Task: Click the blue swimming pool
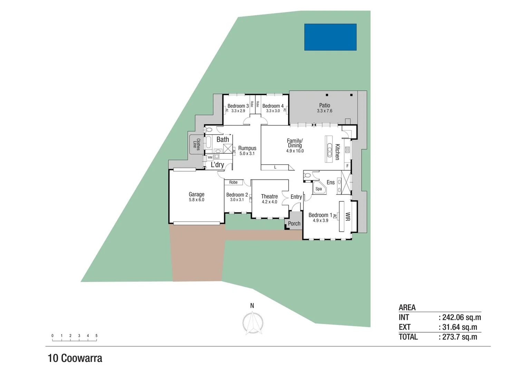click(x=330, y=37)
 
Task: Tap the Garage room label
click(x=196, y=194)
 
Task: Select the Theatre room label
click(x=269, y=196)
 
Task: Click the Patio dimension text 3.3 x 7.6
click(x=324, y=111)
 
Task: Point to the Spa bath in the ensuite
click(x=319, y=189)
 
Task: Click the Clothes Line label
click(x=196, y=144)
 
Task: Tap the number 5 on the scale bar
click(x=96, y=336)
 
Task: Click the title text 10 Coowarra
click(x=75, y=358)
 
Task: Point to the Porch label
click(x=294, y=223)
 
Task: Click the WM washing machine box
click(x=210, y=157)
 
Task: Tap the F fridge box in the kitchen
click(x=347, y=166)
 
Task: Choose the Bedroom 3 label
click(x=238, y=106)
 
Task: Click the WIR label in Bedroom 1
click(x=348, y=217)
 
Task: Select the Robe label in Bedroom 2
click(x=233, y=182)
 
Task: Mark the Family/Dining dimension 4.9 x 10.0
click(x=295, y=151)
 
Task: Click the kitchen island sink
click(x=329, y=150)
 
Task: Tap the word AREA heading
click(x=407, y=307)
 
